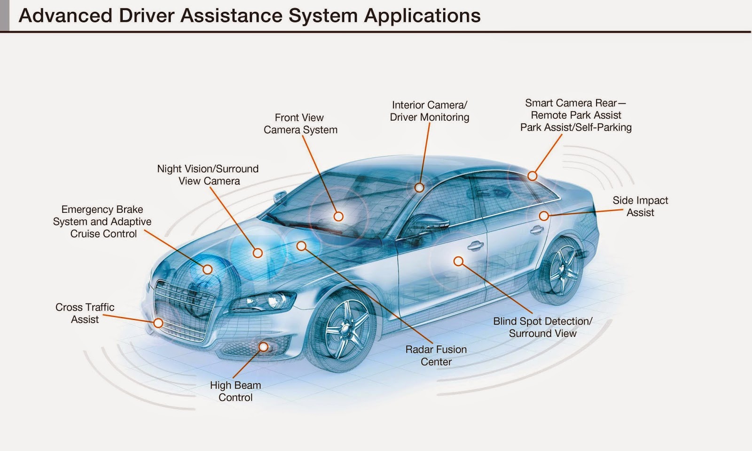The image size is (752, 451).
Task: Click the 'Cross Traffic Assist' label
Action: coord(85,313)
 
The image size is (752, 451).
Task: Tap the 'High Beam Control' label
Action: coord(235,391)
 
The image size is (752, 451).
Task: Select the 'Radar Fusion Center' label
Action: coord(436,356)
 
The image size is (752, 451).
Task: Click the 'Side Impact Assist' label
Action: coord(640,206)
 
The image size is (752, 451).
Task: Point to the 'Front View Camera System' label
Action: coord(300,124)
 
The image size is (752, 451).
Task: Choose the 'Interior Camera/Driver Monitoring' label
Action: coord(430,111)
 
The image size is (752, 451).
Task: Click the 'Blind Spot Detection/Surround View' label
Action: coord(542,327)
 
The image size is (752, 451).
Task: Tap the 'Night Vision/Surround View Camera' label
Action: coord(208,175)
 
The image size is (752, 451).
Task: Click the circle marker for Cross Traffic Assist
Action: coord(158,323)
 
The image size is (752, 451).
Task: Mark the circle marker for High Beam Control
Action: coord(263,347)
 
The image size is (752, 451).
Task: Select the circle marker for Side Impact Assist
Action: coord(544,216)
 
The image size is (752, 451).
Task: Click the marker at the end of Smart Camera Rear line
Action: coord(532,176)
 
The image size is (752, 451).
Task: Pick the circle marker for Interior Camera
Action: coord(419,188)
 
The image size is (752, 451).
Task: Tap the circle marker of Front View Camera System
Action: coord(338,217)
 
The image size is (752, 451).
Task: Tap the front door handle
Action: coord(475,245)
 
